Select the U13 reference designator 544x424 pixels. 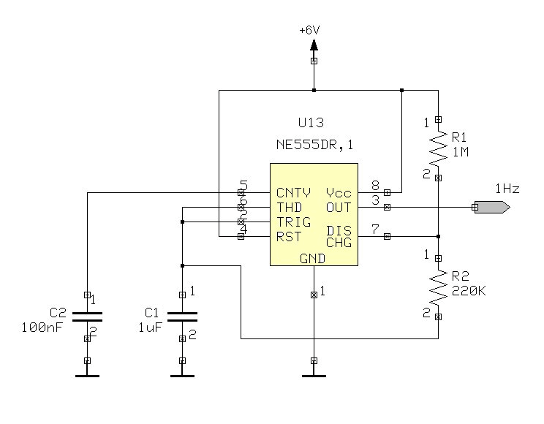point(311,124)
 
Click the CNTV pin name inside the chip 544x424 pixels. point(293,193)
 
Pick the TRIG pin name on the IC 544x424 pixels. point(293,222)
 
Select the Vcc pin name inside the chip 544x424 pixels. point(339,193)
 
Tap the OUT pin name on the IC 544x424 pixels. point(339,208)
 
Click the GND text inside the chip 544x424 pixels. point(313,259)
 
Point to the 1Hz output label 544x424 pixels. point(507,189)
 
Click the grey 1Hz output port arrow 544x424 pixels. point(491,208)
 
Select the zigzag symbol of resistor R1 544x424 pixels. point(438,148)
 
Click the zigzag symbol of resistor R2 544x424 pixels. point(438,287)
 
